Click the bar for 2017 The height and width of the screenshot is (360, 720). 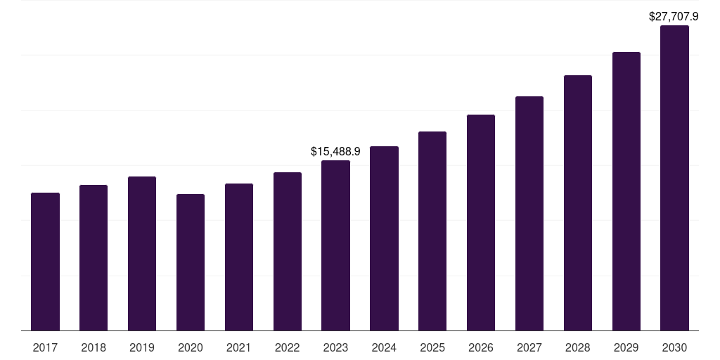point(45,262)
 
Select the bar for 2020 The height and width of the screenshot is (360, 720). point(191,262)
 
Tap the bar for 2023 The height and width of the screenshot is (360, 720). point(335,245)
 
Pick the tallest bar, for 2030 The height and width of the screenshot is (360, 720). point(674,178)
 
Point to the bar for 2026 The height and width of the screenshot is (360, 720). point(481,222)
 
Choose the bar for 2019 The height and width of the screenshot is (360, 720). point(142,253)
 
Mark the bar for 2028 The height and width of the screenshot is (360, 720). point(578,202)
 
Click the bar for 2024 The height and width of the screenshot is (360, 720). point(384,238)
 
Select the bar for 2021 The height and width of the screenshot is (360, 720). point(239,257)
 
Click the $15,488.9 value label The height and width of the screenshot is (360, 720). point(335,151)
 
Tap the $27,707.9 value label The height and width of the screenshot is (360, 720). point(674,16)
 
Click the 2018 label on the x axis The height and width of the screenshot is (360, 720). point(94,347)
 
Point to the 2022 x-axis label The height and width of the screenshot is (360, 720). point(288,347)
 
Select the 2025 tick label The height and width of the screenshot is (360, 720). point(432,347)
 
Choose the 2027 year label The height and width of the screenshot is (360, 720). point(529,347)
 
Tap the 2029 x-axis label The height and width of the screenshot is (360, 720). point(626,347)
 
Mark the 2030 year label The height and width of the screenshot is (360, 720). point(674,347)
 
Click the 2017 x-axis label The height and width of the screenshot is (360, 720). point(45,347)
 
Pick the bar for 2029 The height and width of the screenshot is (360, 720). point(626,191)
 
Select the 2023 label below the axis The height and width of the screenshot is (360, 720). point(335,347)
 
